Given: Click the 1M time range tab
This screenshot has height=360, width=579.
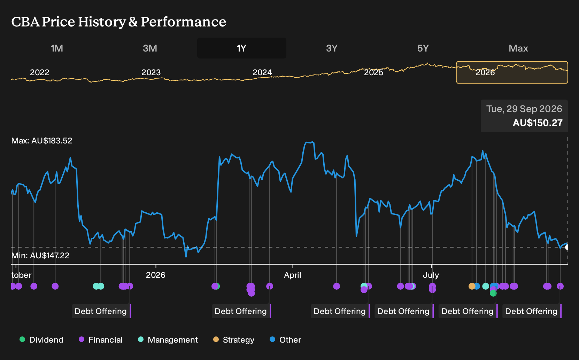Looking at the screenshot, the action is pyautogui.click(x=57, y=48).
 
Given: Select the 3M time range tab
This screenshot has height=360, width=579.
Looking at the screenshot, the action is pyautogui.click(x=150, y=48).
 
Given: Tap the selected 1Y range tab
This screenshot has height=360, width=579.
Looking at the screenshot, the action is pyautogui.click(x=242, y=48).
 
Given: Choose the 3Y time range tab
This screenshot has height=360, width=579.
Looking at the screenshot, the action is pyautogui.click(x=332, y=48).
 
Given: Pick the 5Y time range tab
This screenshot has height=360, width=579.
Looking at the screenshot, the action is pyautogui.click(x=423, y=48).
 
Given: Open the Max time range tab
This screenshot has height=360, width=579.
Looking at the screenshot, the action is pyautogui.click(x=518, y=48).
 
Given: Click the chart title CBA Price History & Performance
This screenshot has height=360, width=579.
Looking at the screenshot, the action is pyautogui.click(x=119, y=22).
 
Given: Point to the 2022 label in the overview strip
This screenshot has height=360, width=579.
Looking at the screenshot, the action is pyautogui.click(x=40, y=72).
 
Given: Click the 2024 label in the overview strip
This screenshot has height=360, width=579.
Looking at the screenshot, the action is pyautogui.click(x=262, y=72).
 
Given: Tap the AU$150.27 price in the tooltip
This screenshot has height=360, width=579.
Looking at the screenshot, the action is pyautogui.click(x=538, y=123).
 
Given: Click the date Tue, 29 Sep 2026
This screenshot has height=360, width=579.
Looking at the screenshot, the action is pyautogui.click(x=524, y=109).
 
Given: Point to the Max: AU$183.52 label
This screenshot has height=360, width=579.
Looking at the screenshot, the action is pyautogui.click(x=41, y=141).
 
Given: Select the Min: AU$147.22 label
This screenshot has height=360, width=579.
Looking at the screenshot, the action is pyautogui.click(x=40, y=256).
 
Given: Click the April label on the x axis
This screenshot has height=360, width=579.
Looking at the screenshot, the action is pyautogui.click(x=292, y=275).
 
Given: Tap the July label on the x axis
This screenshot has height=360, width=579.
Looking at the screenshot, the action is pyautogui.click(x=431, y=275).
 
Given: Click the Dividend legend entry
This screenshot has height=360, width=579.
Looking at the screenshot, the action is pyautogui.click(x=41, y=339).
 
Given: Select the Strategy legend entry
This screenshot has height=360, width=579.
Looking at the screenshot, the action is pyautogui.click(x=234, y=339).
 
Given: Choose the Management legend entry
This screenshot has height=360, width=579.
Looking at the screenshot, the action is pyautogui.click(x=168, y=339).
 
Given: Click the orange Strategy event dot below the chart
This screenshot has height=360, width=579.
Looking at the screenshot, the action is pyautogui.click(x=472, y=286).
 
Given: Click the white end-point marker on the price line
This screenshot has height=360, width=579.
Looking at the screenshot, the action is pyautogui.click(x=567, y=247).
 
